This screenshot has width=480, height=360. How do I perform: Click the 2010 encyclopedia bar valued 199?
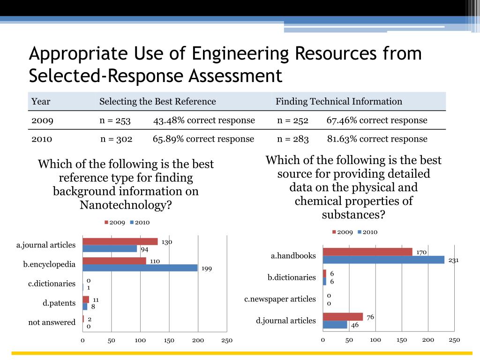coord(140,268)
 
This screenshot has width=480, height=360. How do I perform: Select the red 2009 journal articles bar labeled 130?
coord(120,242)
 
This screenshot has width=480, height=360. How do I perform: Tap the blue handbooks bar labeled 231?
coord(383,260)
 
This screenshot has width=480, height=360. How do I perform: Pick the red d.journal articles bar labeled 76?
coord(343,317)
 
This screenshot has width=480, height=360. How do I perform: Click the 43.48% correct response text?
coord(204,120)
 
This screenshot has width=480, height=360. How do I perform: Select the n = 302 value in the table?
coord(116,139)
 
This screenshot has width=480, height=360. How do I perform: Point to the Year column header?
coord(41,101)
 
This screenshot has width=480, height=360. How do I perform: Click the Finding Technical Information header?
coord(338,101)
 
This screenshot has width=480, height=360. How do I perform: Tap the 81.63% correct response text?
coord(377,139)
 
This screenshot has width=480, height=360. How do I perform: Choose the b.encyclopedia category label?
coord(49,264)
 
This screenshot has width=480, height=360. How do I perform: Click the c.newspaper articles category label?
coord(280,299)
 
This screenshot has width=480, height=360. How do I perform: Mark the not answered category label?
coord(52,322)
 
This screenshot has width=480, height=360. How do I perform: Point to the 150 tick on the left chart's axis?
coord(169,340)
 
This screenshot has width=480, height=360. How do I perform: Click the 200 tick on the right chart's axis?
coord(428,340)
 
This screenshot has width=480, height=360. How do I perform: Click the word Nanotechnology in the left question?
coord(125,205)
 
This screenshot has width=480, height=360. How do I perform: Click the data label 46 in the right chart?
coord(355,324)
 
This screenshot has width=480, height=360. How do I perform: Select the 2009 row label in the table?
coord(42,120)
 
